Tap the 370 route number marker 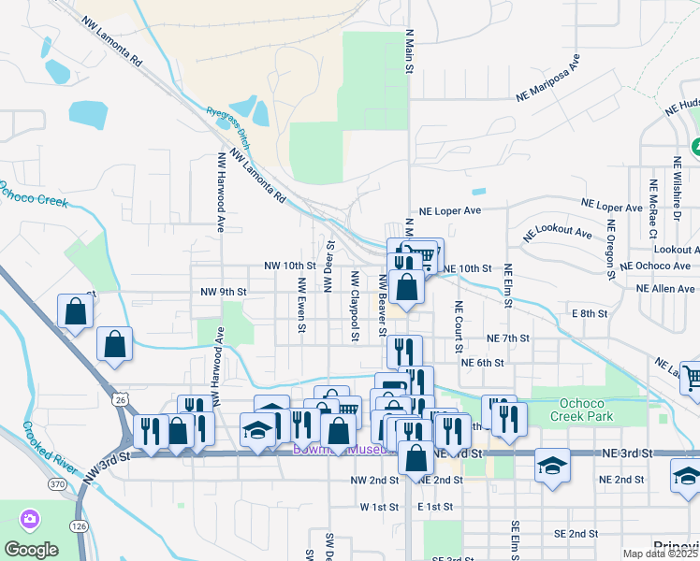[x=57, y=484]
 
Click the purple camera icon [x=30, y=518]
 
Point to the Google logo [x=31, y=549]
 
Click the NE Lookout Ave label [x=560, y=232]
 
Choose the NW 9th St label [x=223, y=292]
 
